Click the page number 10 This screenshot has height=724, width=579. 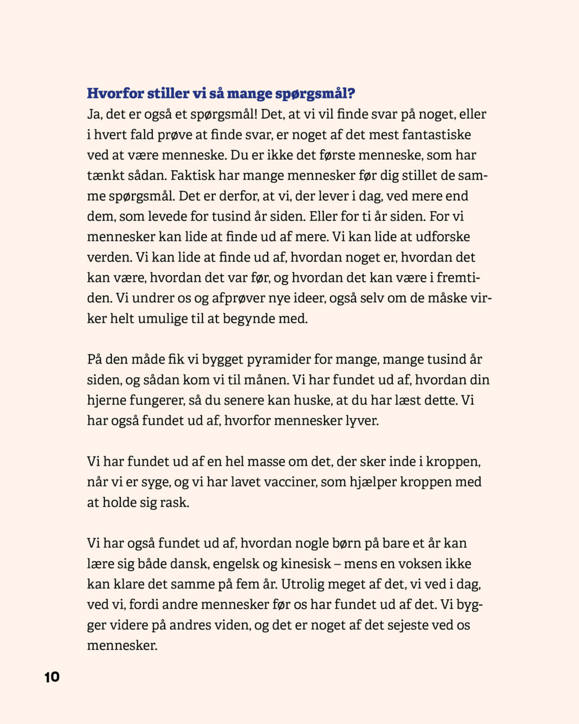[x=52, y=677]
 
